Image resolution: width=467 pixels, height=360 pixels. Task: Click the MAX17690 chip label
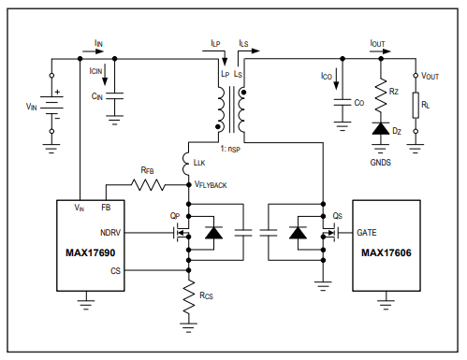tap(91, 252)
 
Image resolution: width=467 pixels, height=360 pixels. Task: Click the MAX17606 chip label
tap(387, 252)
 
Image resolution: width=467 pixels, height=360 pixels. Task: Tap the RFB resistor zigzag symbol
tap(148, 185)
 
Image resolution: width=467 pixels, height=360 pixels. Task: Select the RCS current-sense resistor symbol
tap(188, 296)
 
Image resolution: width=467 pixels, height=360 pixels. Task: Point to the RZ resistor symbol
tap(381, 95)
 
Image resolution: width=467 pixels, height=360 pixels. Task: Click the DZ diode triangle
tap(381, 128)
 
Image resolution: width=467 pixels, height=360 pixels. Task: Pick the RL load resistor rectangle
tap(416, 105)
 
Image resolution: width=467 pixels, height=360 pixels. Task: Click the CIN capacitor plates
tap(114, 95)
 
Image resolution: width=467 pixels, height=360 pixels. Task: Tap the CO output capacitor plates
tap(343, 102)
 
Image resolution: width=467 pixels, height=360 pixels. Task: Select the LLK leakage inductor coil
tap(186, 164)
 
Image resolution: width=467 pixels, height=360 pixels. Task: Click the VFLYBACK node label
tap(211, 185)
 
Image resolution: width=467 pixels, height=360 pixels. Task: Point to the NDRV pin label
tap(110, 233)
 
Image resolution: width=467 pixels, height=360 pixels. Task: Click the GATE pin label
tap(367, 233)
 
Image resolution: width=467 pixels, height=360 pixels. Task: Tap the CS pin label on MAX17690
tap(115, 271)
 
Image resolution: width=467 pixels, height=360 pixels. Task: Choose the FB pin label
tap(106, 208)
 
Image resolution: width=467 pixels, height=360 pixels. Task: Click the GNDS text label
tap(380, 163)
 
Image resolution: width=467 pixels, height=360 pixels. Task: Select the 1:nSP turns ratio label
tap(230, 149)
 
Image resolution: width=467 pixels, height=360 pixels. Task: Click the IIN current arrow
tap(93, 51)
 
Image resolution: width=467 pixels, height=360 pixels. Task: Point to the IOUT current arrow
tap(380, 51)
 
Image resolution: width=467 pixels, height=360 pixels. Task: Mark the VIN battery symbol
tap(51, 105)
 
